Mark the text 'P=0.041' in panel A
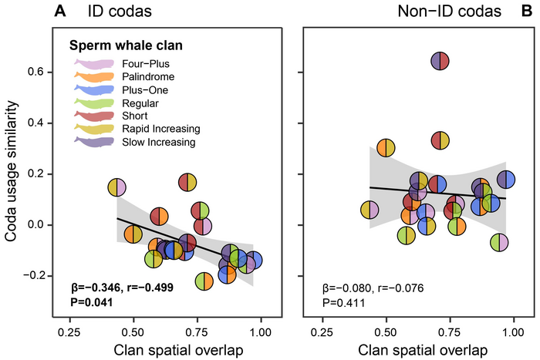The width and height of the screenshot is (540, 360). pos(87,302)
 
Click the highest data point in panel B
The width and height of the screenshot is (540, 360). pos(440,61)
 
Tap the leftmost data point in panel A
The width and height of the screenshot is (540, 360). pos(116,187)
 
